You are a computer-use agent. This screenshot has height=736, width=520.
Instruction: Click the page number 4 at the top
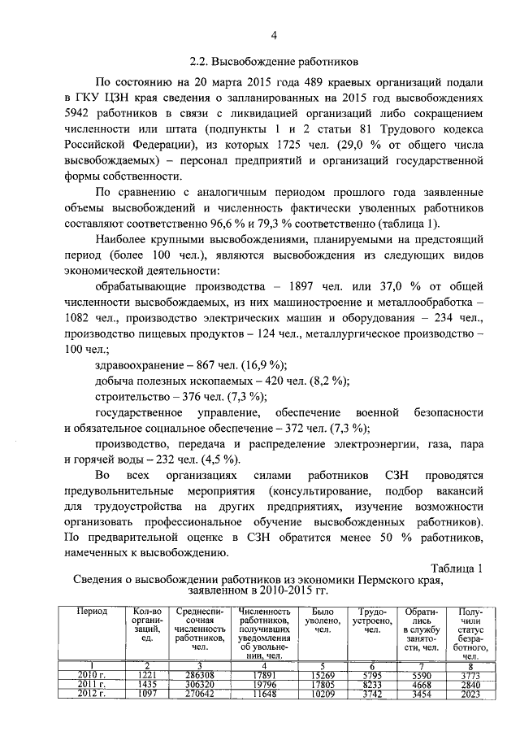point(274,35)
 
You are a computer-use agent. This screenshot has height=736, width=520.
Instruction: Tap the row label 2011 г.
point(92,686)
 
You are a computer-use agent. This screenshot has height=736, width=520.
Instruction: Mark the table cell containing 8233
point(374,686)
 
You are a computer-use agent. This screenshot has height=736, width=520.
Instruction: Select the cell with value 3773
point(471,676)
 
